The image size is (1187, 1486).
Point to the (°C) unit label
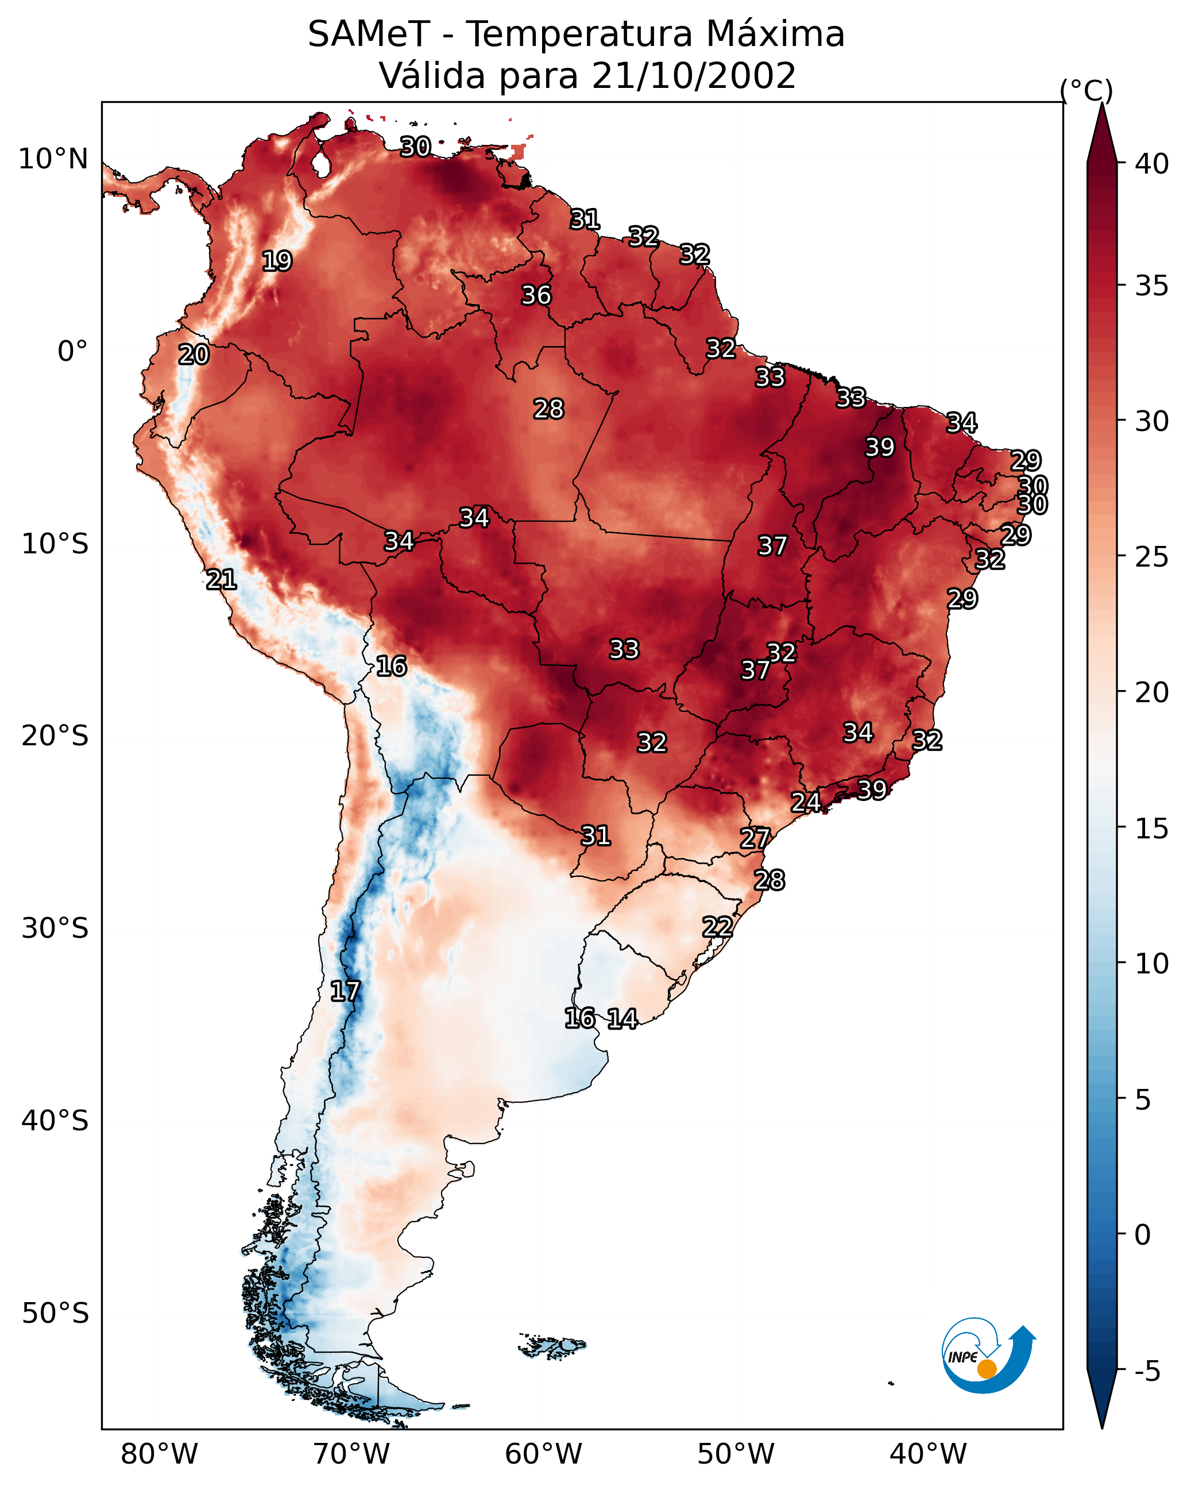point(1086,90)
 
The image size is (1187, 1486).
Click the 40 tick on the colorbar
point(1152,164)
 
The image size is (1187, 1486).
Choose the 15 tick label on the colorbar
point(1152,829)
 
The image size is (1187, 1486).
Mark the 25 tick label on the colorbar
point(1152,557)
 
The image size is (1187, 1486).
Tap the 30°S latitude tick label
point(55,929)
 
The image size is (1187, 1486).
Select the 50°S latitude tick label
point(55,1313)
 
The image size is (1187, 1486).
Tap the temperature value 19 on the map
point(277,261)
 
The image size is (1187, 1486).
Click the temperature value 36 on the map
point(536,295)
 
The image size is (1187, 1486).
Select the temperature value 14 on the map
point(622,1019)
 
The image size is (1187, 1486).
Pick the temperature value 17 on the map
point(345,991)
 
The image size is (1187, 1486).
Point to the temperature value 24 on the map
point(805,802)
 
